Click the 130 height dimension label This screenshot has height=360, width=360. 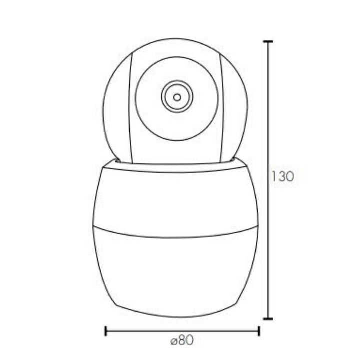tap(283, 177)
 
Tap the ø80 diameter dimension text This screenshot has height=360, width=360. tap(182, 341)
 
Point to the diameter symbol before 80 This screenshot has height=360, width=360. tap(173, 342)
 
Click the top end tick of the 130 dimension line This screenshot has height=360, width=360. tap(268, 42)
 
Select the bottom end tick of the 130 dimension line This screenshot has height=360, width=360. tap(268, 318)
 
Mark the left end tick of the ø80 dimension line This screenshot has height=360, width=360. tap(106, 330)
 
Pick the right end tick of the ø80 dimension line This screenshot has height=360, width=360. tap(259, 330)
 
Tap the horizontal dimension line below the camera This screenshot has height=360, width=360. tap(150, 330)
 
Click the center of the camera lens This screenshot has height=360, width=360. tap(177, 96)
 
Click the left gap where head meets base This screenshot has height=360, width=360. tap(116, 161)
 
